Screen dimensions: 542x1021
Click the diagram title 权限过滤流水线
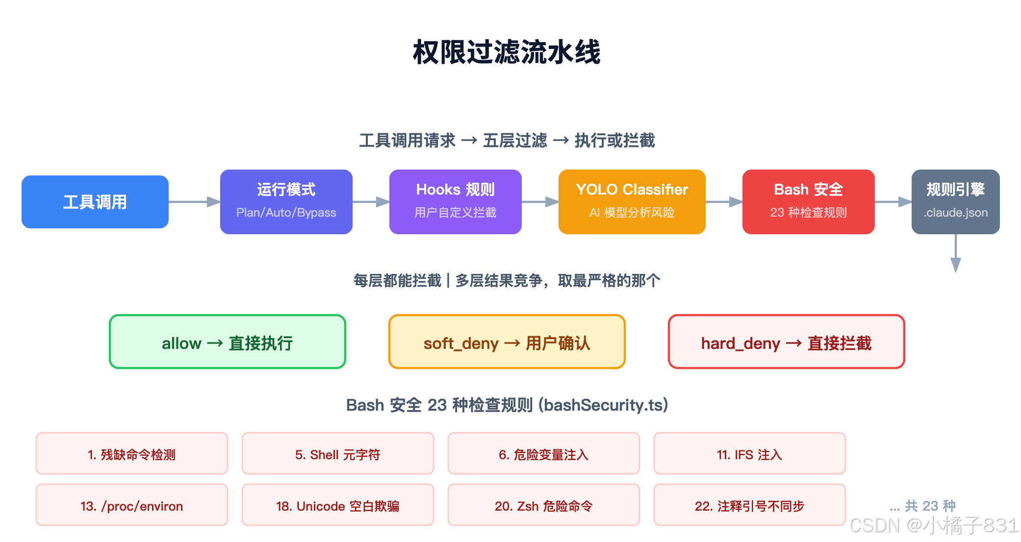point(507,52)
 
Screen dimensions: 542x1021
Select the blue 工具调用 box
point(95,202)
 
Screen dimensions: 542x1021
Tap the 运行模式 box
point(286,202)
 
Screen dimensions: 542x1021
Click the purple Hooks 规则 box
point(456,202)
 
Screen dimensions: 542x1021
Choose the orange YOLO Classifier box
point(632,202)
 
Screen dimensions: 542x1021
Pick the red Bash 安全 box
point(808,202)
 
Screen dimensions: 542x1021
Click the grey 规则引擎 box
point(955,202)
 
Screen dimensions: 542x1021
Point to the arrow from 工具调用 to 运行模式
point(194,202)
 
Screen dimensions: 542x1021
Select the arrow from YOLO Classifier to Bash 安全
point(724,202)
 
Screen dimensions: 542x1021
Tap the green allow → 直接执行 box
point(228,342)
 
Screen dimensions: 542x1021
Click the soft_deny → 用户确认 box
point(507,342)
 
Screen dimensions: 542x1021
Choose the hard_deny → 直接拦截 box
point(786,342)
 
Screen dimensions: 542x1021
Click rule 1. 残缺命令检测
point(132,454)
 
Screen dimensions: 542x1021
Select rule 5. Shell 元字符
point(338,454)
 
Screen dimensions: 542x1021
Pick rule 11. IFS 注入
point(749,454)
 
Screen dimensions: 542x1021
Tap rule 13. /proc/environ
point(132,505)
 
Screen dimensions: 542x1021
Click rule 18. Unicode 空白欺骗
point(338,505)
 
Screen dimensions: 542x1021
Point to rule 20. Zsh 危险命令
point(543,505)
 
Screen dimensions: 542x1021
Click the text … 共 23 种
point(922,505)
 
